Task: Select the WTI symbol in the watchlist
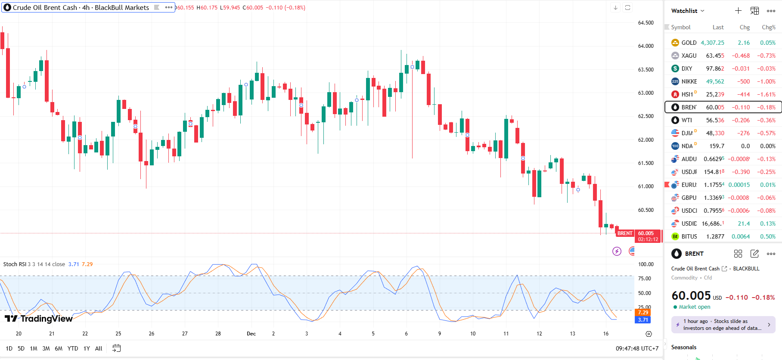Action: click(687, 120)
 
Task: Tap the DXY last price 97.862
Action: click(715, 68)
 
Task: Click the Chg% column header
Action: click(768, 27)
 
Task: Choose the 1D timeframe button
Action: click(9, 348)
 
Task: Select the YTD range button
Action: click(73, 348)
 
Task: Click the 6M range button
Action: click(59, 348)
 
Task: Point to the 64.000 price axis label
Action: click(645, 46)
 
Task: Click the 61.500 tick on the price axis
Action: click(645, 163)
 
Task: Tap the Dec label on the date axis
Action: click(251, 334)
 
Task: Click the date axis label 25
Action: click(118, 334)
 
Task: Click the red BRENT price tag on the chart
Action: click(625, 233)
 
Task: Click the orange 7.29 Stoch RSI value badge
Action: click(643, 313)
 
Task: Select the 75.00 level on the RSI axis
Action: click(644, 279)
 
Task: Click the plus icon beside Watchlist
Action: click(738, 11)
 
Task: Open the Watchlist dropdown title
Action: click(687, 11)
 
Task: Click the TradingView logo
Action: click(39, 319)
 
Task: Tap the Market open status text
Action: click(695, 307)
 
